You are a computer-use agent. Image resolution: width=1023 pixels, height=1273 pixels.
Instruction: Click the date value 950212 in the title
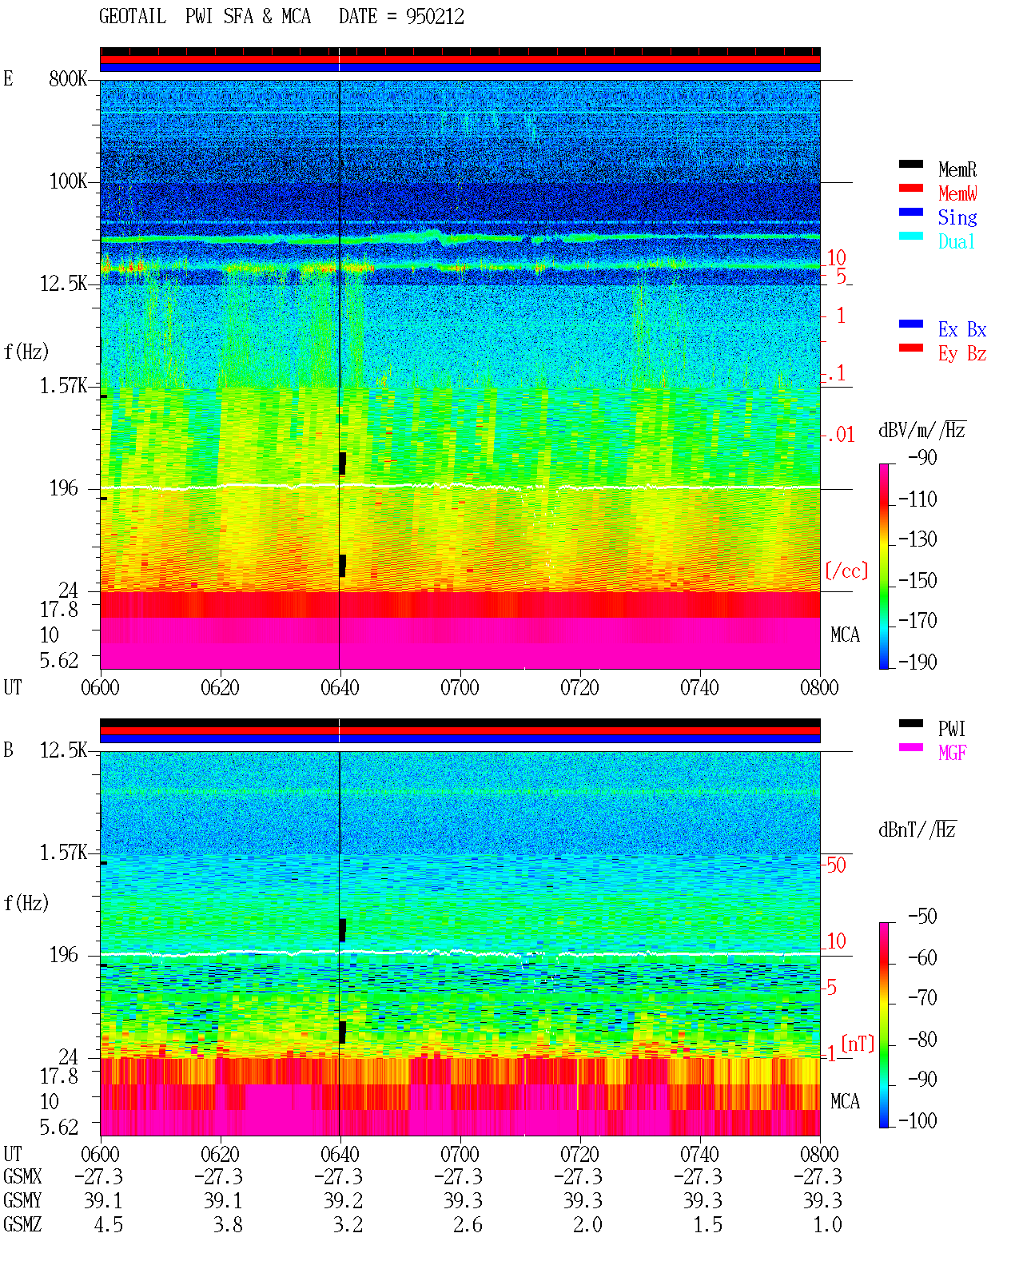[x=435, y=17]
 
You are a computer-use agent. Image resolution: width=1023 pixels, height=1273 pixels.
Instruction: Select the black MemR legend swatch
[x=910, y=164]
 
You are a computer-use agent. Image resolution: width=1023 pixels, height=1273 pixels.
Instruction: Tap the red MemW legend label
[x=957, y=193]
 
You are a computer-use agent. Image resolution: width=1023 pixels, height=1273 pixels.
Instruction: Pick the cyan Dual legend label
[x=956, y=241]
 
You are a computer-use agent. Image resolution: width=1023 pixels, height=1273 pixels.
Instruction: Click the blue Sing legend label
[x=957, y=217]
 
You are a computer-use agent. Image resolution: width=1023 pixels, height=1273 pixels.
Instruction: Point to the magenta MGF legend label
[x=952, y=753]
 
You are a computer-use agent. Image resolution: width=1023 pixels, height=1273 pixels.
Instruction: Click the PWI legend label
[x=951, y=728]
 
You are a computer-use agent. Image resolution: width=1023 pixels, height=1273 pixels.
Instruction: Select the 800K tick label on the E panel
[x=68, y=78]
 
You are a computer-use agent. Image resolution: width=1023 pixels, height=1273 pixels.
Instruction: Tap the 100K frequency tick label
[x=68, y=181]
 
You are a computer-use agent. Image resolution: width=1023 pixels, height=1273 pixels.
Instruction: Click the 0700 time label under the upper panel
[x=460, y=687]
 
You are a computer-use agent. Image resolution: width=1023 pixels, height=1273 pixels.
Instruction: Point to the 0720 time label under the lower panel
[x=580, y=1154]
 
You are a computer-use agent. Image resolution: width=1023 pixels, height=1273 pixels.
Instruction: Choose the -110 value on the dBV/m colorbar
[x=918, y=499]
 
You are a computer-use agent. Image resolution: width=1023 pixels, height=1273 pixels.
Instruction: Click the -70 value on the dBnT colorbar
[x=922, y=998]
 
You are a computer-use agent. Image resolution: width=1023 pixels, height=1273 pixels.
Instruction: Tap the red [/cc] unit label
[x=846, y=571]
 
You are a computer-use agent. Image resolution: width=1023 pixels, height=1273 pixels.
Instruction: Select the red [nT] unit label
[x=858, y=1044]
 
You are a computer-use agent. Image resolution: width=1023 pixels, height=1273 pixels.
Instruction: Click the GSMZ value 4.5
[x=108, y=1224]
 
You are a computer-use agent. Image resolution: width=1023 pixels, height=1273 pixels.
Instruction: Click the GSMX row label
[x=22, y=1176]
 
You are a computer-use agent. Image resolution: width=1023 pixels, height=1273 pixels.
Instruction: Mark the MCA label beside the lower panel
[x=845, y=1101]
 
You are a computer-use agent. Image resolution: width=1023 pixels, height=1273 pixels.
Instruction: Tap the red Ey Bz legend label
[x=962, y=354]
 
